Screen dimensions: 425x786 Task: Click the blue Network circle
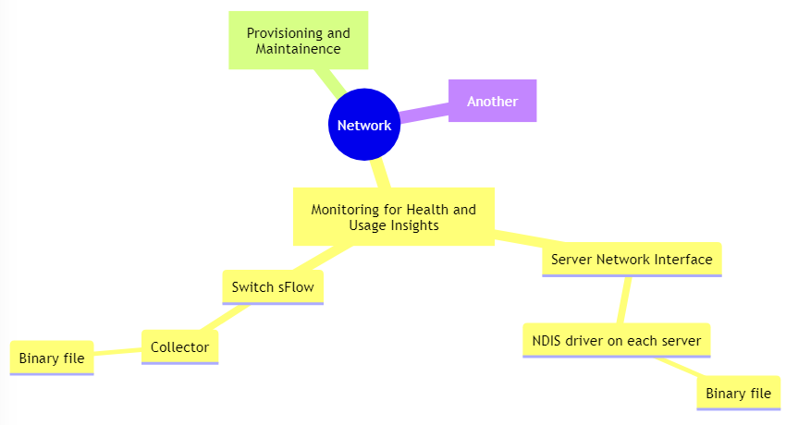pyautogui.click(x=363, y=125)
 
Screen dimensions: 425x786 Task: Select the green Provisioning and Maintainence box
pyautogui.click(x=298, y=40)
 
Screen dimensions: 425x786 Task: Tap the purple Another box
pyautogui.click(x=492, y=101)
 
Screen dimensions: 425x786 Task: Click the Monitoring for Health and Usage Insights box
pyautogui.click(x=393, y=217)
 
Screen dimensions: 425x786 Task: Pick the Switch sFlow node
pyautogui.click(x=272, y=286)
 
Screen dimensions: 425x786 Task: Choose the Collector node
pyautogui.click(x=179, y=346)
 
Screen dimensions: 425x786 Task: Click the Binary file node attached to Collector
pyautogui.click(x=52, y=358)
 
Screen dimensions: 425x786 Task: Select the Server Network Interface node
pyautogui.click(x=631, y=259)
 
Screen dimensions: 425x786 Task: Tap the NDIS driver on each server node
pyautogui.click(x=616, y=340)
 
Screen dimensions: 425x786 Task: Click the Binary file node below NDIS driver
pyautogui.click(x=737, y=393)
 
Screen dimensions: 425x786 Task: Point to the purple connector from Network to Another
pyautogui.click(x=424, y=113)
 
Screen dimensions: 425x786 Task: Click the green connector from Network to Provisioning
pyautogui.click(x=328, y=84)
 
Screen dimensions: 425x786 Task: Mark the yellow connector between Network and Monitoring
pyautogui.click(x=380, y=174)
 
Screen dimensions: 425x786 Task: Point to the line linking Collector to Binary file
pyautogui.click(x=117, y=351)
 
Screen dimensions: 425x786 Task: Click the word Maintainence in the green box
pyautogui.click(x=298, y=48)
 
